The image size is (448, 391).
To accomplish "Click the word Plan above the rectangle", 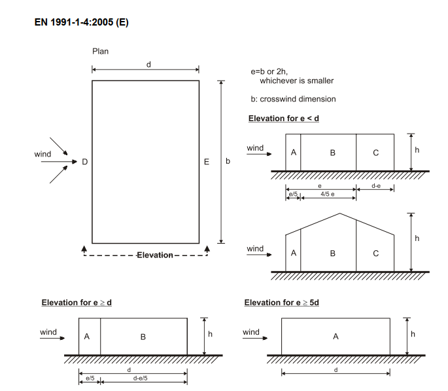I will [x=100, y=50].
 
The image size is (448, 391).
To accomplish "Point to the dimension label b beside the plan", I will [x=228, y=161].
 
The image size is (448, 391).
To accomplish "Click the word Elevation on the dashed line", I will [x=154, y=255].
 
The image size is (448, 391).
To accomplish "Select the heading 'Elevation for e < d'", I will [x=283, y=119].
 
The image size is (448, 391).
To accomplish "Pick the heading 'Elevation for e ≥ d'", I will [x=77, y=303].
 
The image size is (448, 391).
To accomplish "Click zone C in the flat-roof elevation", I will [x=375, y=153].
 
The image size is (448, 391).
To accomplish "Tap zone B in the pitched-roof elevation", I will [x=332, y=253].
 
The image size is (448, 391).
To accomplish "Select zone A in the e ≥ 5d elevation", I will [x=336, y=337].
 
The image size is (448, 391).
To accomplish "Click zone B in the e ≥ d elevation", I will [x=143, y=337].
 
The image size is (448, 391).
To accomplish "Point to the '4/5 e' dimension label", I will [x=328, y=195].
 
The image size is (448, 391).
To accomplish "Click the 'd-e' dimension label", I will [x=376, y=187].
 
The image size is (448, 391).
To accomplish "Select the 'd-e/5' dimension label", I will [x=140, y=378].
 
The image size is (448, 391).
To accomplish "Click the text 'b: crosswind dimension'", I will [x=293, y=99].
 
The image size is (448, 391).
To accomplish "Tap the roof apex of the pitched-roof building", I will [x=339, y=214].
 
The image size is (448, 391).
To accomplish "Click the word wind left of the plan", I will [x=43, y=155].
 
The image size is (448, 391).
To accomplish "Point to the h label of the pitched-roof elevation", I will [x=417, y=238].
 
